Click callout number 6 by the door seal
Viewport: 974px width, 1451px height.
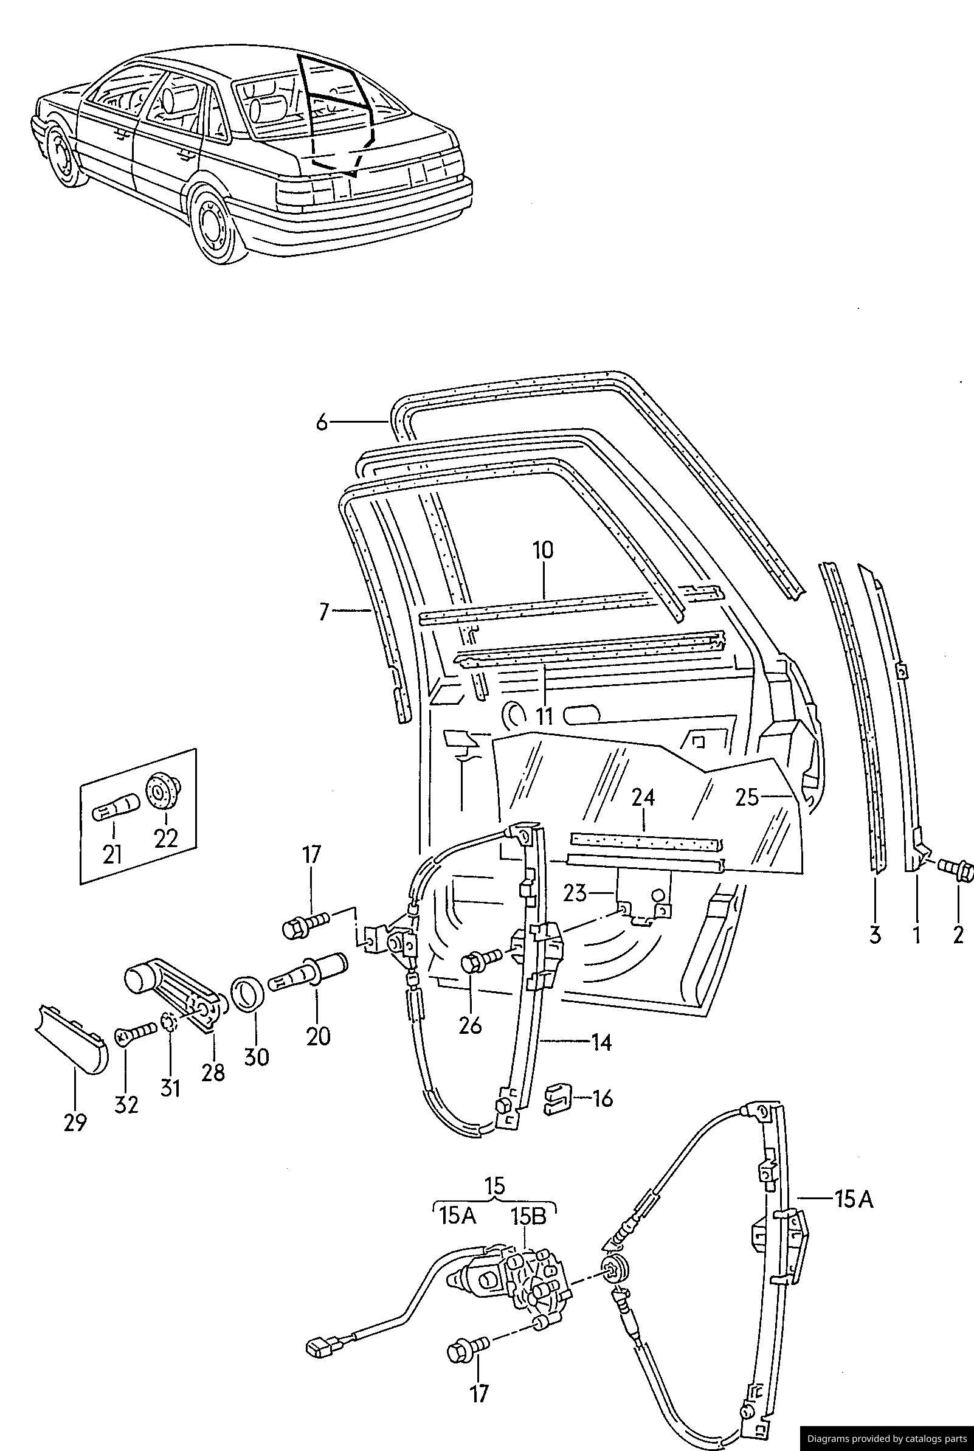pyautogui.click(x=321, y=423)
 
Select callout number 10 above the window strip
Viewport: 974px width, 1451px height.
pyautogui.click(x=542, y=551)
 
